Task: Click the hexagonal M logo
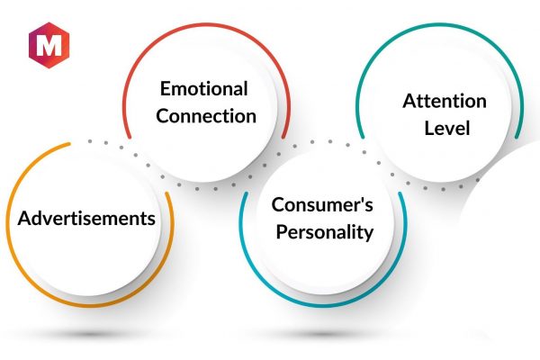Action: tap(49, 45)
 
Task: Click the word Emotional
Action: tap(204, 88)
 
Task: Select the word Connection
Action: tap(206, 116)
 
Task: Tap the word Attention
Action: tap(445, 101)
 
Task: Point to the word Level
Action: tap(447, 128)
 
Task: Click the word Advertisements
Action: tap(86, 218)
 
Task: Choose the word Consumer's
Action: tap(322, 204)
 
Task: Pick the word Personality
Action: tap(324, 232)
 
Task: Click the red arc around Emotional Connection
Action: tap(207, 25)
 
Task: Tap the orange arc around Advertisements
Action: tap(90, 304)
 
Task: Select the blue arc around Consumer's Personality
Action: tap(324, 304)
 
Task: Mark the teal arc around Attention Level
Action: tap(440, 25)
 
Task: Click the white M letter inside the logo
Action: tap(49, 45)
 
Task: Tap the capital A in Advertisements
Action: tap(24, 218)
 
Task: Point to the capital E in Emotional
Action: tap(165, 89)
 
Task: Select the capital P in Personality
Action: tap(282, 231)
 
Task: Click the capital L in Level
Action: tap(429, 128)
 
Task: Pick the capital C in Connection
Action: tap(163, 116)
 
